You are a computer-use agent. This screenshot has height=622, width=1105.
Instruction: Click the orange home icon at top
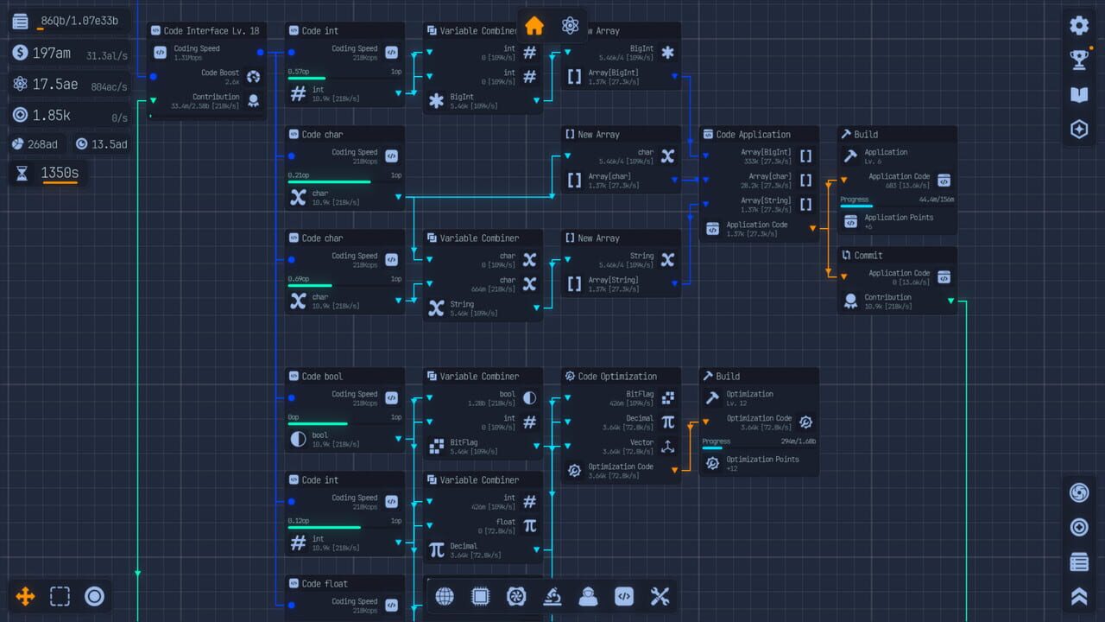point(534,26)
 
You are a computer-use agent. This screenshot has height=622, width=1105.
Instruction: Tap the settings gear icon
point(1079,25)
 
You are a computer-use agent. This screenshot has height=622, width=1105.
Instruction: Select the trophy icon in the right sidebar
point(1079,60)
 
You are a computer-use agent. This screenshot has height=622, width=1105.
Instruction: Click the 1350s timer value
point(60,173)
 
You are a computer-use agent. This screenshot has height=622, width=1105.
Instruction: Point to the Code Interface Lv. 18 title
point(211,31)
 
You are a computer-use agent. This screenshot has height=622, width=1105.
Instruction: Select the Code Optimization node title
point(616,377)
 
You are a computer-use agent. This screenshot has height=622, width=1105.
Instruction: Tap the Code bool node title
point(322,377)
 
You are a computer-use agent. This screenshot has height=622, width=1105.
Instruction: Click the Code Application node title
point(753,135)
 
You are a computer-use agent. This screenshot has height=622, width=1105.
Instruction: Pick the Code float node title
point(324,584)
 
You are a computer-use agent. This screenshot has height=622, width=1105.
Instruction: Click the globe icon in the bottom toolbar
point(445,596)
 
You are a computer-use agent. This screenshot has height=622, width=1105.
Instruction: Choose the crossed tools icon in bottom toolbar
point(660,596)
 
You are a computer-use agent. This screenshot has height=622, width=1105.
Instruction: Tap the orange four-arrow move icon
point(25,596)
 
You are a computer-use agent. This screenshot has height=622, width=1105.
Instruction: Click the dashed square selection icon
point(60,596)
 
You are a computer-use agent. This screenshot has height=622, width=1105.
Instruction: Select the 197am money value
point(52,54)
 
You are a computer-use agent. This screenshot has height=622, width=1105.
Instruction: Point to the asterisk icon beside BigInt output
point(436,101)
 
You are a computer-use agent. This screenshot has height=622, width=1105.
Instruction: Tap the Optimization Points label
point(762,460)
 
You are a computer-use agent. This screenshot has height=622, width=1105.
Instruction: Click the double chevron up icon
point(1079,596)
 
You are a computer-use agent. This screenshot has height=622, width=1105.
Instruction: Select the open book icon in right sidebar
point(1079,94)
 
